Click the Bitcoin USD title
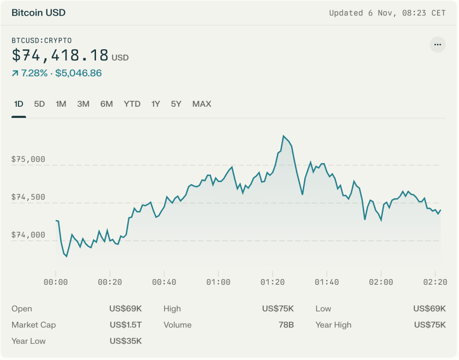(39, 13)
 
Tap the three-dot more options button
(437, 45)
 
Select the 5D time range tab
(39, 104)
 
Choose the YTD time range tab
(132, 104)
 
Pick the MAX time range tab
(201, 104)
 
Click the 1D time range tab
(18, 104)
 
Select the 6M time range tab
(106, 104)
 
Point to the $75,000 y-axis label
(28, 159)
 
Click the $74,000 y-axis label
(28, 235)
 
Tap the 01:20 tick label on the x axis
(272, 282)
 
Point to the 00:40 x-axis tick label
(164, 282)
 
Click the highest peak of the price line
(284, 136)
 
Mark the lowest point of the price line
(66, 256)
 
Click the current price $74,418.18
(60, 55)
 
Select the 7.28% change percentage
(34, 73)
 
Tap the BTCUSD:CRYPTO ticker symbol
(41, 40)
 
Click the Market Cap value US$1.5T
(126, 325)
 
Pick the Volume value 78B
(286, 325)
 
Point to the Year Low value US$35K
(126, 341)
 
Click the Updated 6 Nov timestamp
(387, 13)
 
